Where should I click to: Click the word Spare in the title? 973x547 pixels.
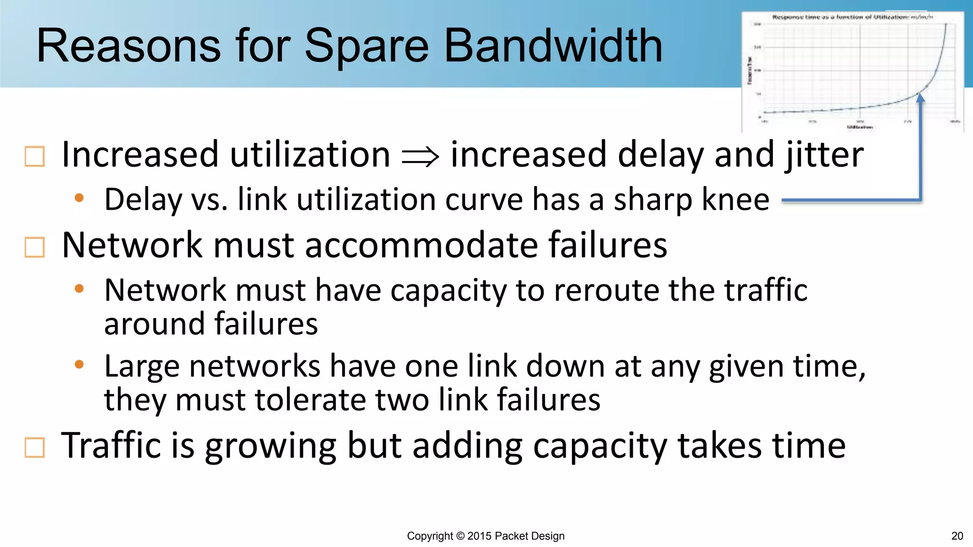point(366,46)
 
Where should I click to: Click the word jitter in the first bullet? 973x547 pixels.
point(824,155)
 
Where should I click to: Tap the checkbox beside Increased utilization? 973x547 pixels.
point(35,157)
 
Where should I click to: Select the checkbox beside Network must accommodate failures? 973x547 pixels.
point(35,247)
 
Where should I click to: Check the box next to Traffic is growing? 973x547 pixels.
point(35,447)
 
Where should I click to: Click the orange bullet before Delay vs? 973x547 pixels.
point(79,198)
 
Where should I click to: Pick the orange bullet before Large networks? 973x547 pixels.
point(79,365)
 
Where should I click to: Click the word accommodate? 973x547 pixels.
point(421,245)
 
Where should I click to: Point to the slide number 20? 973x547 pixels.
point(957,536)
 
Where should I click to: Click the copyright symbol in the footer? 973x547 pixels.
point(460,536)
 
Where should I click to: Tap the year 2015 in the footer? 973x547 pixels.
point(479,536)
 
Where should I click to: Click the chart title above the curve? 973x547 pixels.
point(852,17)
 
